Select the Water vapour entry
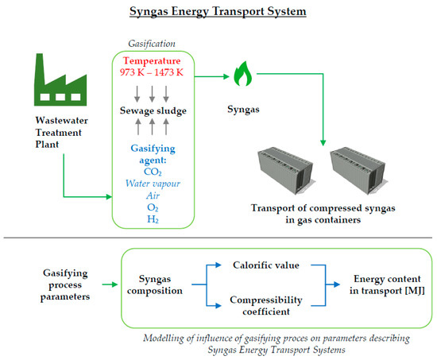pyautogui.click(x=158, y=184)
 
